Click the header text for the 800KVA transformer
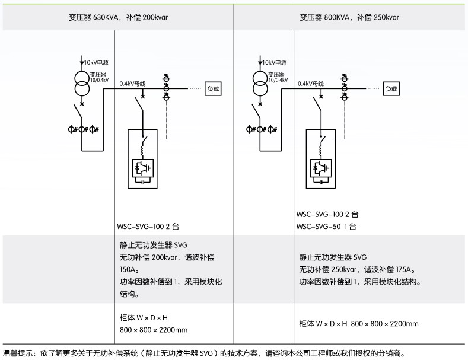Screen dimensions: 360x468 coord(349,17)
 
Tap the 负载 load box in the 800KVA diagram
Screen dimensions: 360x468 coord(391,88)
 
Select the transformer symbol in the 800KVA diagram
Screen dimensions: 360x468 coord(259,82)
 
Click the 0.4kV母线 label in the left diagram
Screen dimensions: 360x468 coord(133,84)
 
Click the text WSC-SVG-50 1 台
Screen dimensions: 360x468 coord(326,227)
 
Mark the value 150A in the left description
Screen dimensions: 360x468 coord(129,270)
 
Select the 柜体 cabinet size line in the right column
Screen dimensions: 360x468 coord(358,324)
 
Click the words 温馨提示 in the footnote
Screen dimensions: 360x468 coord(18,353)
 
